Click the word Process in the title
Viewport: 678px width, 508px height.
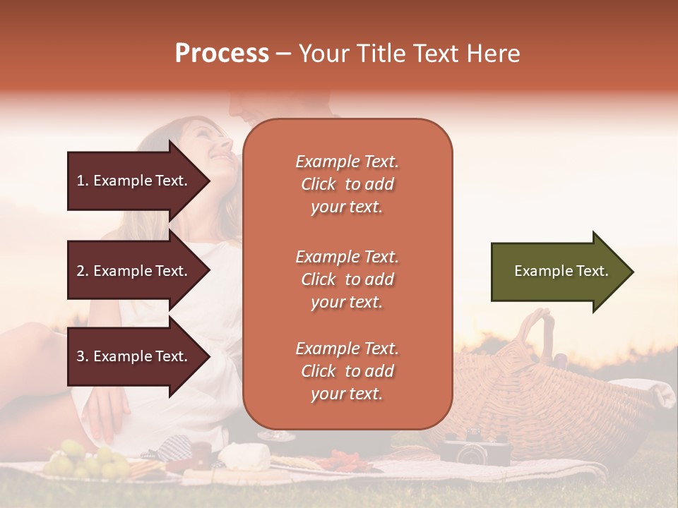tap(222, 54)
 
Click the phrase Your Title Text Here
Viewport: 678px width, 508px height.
tap(409, 54)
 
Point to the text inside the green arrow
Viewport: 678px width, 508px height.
tap(561, 271)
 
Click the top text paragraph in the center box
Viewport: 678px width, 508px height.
tap(347, 184)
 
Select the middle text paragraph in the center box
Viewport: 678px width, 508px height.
tap(347, 279)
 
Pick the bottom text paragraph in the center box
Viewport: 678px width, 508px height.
tap(347, 371)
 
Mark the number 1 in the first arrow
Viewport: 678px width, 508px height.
tap(81, 181)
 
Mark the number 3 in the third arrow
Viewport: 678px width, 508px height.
tap(81, 356)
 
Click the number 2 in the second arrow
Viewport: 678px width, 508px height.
tap(81, 271)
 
